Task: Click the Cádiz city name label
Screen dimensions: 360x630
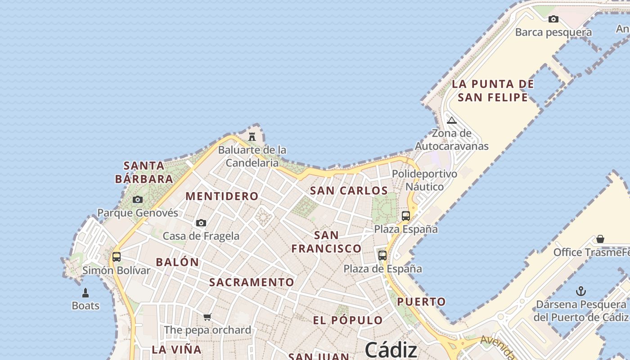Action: (391, 350)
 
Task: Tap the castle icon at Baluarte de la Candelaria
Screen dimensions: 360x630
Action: (252, 136)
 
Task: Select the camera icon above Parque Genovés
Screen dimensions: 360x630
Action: (138, 199)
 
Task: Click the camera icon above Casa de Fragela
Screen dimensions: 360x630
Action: (201, 223)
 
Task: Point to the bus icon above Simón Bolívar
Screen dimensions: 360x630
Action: (117, 257)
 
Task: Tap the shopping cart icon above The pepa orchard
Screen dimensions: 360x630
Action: (207, 317)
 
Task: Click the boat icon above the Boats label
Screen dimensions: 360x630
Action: (85, 293)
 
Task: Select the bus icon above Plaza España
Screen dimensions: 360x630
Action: (406, 216)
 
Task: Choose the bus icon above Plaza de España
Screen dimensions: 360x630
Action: (382, 256)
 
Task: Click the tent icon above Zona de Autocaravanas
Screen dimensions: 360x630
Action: (452, 120)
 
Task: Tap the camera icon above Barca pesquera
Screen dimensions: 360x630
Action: (553, 19)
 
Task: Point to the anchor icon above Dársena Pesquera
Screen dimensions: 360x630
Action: (581, 291)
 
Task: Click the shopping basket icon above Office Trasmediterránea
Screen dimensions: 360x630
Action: (600, 238)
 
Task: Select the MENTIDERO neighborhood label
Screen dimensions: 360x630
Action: (222, 196)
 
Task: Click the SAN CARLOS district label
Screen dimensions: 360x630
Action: (349, 190)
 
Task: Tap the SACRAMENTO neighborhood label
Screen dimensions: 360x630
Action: (252, 282)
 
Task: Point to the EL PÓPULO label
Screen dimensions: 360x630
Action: (348, 320)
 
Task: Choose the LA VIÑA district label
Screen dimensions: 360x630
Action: (176, 349)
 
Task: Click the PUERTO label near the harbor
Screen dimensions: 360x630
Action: (421, 301)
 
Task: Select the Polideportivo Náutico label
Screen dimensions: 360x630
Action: (424, 180)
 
